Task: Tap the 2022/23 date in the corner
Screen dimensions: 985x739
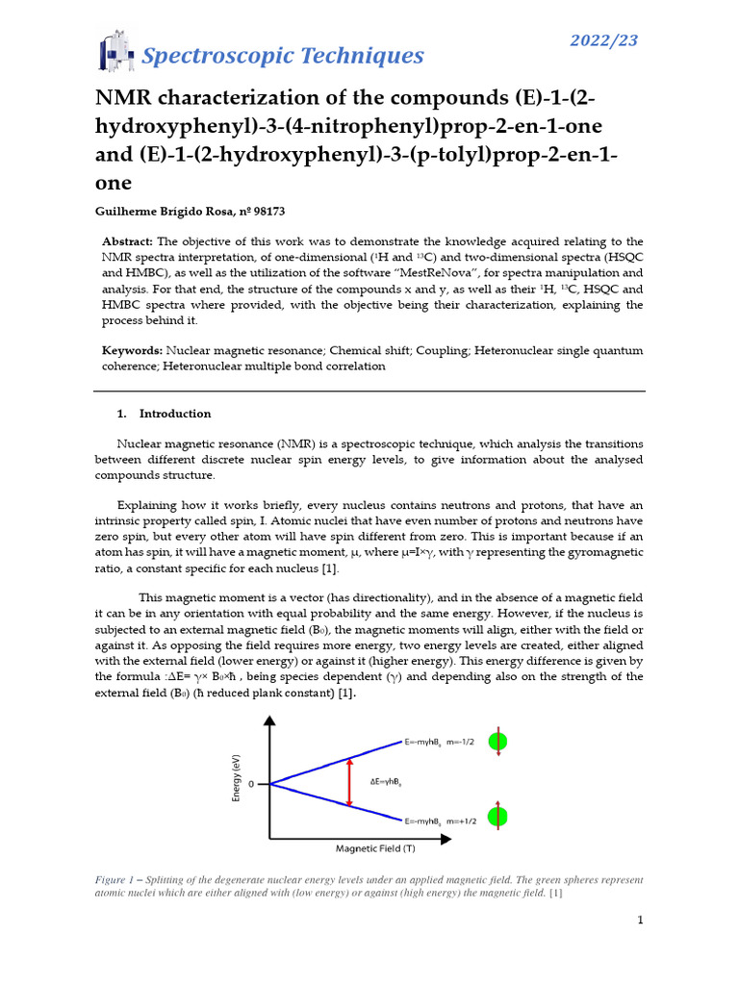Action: pyautogui.click(x=604, y=40)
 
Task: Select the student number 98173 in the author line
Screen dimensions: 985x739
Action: pyautogui.click(x=265, y=211)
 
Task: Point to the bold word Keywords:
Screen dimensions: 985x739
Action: pyautogui.click(x=133, y=350)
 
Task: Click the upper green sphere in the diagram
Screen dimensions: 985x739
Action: pyautogui.click(x=497, y=742)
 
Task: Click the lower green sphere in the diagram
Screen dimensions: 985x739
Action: pyautogui.click(x=497, y=817)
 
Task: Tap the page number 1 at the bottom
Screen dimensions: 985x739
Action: pyautogui.click(x=640, y=921)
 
